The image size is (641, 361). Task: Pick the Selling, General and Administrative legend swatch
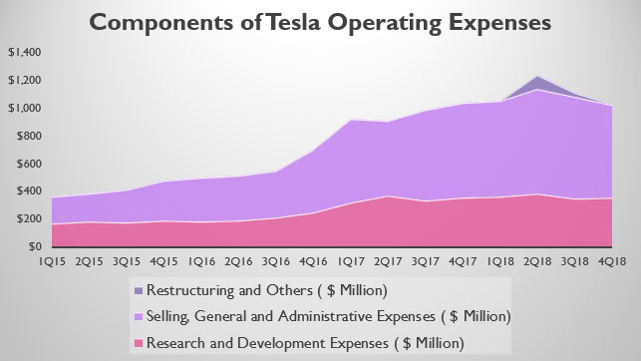click(136, 317)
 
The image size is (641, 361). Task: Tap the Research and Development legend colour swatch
click(136, 342)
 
